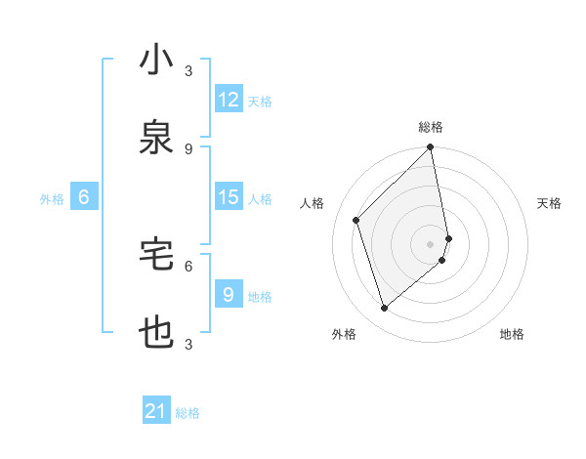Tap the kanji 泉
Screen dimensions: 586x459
[x=156, y=138]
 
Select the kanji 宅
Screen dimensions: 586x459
[x=156, y=255]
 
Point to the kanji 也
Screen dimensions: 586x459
[x=156, y=333]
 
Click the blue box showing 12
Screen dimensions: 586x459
[x=229, y=100]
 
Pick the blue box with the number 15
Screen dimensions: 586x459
[x=229, y=197]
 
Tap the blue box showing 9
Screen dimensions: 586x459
[x=229, y=294]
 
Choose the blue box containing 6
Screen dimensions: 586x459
[x=84, y=197]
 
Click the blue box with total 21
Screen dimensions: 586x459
[x=156, y=411]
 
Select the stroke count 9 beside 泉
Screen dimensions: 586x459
[x=188, y=149]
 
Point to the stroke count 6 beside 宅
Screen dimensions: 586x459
[x=188, y=266]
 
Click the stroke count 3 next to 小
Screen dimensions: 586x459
[x=188, y=71]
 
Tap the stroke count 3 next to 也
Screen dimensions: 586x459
[x=188, y=345]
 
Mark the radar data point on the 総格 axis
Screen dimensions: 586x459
[x=431, y=148]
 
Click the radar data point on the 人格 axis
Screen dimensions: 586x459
[x=356, y=220]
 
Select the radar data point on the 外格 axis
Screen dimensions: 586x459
[x=384, y=309]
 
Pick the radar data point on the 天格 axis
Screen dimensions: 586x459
[x=448, y=237]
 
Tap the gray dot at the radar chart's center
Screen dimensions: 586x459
[x=431, y=243]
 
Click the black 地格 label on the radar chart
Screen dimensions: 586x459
[x=512, y=334]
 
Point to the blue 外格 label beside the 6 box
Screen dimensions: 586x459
[x=52, y=198]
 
